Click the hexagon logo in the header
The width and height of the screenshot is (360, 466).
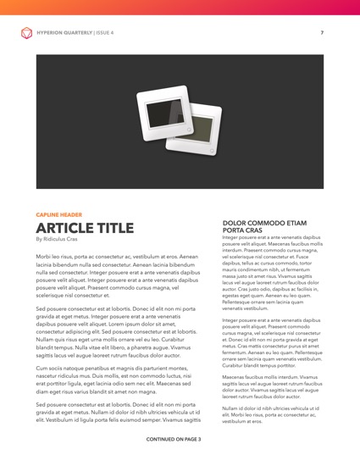coord(25,33)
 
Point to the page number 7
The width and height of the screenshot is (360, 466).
coord(322,33)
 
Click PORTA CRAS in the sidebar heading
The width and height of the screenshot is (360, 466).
coord(241,230)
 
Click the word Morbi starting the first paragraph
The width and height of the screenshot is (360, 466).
coord(44,256)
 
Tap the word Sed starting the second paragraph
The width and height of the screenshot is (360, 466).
coord(42,311)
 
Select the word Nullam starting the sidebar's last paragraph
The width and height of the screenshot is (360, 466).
coord(231,408)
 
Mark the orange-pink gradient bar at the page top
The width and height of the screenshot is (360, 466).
coord(180,8)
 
